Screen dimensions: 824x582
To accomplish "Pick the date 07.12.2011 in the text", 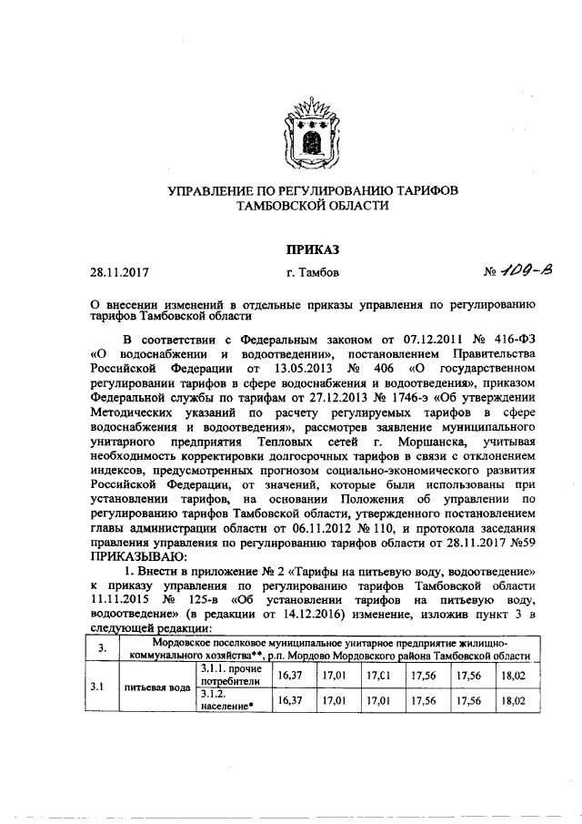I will (416, 337).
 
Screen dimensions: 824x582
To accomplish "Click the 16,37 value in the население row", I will (289, 701).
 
